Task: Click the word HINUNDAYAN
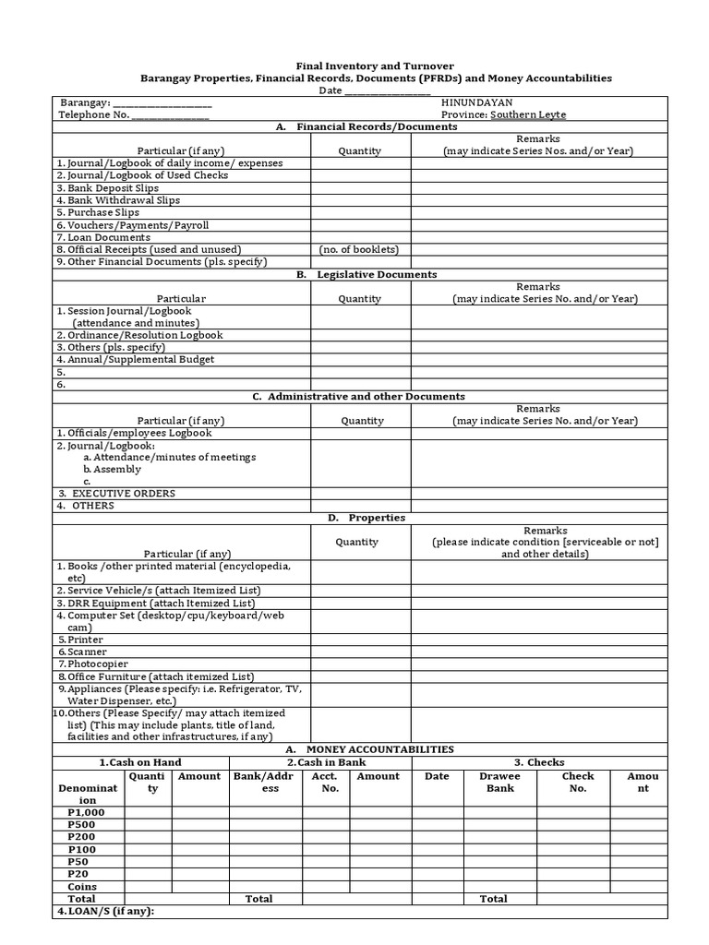477,102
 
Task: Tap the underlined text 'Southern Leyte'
528,115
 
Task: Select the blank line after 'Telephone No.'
171,115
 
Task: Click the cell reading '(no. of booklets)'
359,249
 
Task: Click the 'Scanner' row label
89,652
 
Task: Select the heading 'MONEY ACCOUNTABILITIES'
379,749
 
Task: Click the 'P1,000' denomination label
87,812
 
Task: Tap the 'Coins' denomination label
82,886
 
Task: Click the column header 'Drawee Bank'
499,782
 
